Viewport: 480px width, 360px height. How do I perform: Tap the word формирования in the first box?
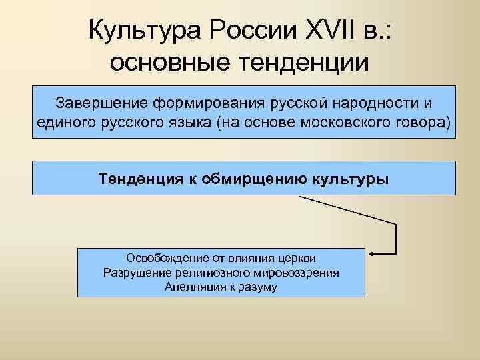point(209,104)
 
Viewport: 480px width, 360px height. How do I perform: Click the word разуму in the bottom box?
point(257,287)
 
